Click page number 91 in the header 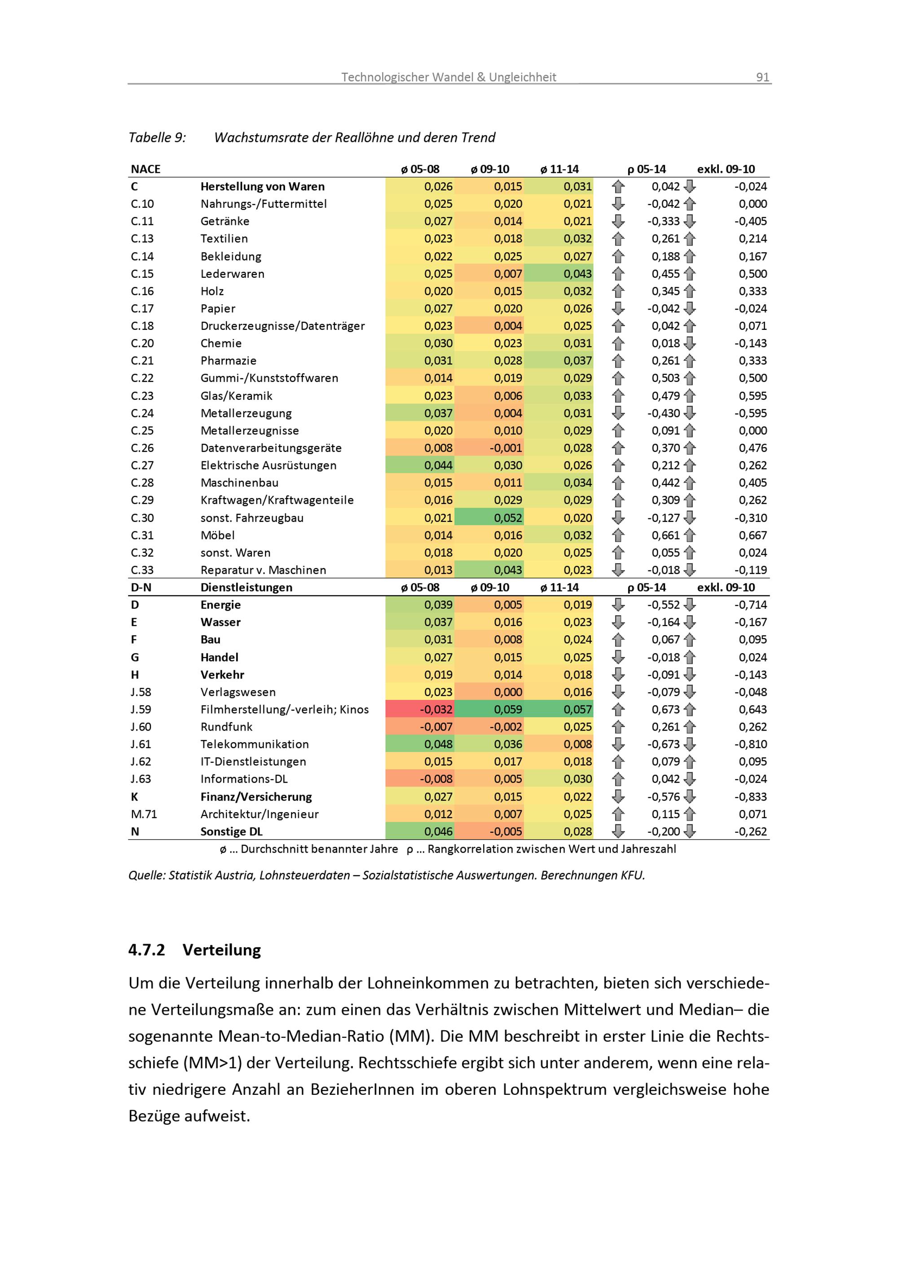[762, 77]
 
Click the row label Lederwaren [232, 274]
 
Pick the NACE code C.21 [142, 360]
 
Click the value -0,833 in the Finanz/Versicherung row [750, 796]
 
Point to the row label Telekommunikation [255, 744]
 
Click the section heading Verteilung [222, 950]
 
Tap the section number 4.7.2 [146, 950]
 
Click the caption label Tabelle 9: [157, 138]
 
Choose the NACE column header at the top [145, 169]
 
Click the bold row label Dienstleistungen [246, 587]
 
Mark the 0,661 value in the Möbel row [665, 535]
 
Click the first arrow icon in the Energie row [618, 604]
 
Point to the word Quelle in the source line [146, 875]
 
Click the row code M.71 [144, 814]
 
